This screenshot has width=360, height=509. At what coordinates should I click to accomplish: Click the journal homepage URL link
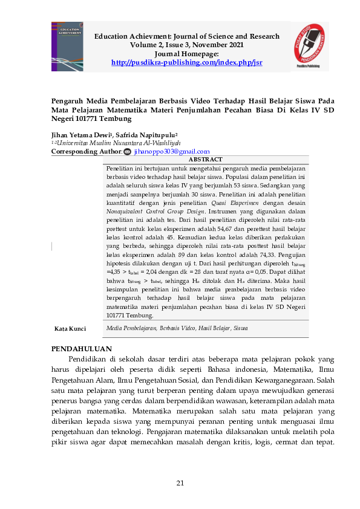pos(187,62)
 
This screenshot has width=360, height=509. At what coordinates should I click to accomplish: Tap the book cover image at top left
pos(68,47)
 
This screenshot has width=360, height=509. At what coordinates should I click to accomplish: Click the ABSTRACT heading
pos(206,159)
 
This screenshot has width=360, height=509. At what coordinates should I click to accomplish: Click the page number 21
pos(180,482)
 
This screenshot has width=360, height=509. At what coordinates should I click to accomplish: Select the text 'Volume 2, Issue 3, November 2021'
pos(187,45)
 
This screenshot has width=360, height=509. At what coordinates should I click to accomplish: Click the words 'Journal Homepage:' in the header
pos(187,54)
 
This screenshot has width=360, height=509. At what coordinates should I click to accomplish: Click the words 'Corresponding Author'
pos(86,152)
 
